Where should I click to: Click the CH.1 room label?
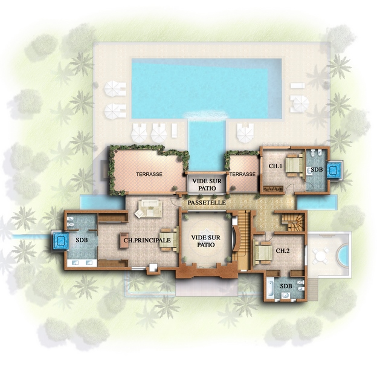point(275,166)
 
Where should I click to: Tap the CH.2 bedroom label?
point(283,250)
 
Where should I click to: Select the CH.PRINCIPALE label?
point(147,241)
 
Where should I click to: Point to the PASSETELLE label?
point(207,203)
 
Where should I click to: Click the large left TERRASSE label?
point(149,174)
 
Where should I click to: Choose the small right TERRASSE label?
point(242,174)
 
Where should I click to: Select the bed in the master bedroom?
point(169,239)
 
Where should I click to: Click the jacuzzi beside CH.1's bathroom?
point(334,170)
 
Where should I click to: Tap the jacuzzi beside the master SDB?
point(60,241)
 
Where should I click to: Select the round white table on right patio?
point(320,256)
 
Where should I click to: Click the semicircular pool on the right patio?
point(343,255)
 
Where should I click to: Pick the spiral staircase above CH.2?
point(293,222)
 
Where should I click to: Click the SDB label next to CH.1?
point(317,169)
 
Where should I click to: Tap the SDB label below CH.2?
point(286,286)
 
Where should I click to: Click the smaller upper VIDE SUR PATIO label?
point(207,184)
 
